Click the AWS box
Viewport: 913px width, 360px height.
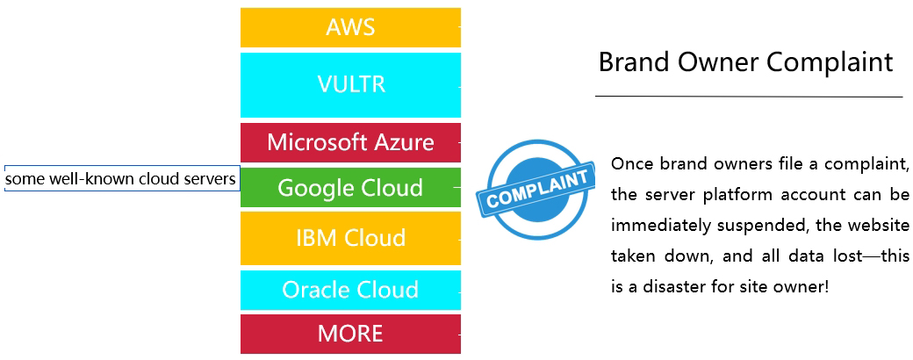point(350,27)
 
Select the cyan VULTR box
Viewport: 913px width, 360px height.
point(350,84)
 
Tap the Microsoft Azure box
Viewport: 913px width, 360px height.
point(350,142)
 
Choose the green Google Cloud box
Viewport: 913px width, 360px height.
point(350,187)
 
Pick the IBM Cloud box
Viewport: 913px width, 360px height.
point(350,238)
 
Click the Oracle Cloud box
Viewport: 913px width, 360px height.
point(350,290)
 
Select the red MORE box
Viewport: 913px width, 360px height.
point(350,334)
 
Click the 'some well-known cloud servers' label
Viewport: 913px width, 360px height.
point(121,179)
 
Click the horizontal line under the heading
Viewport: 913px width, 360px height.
point(748,95)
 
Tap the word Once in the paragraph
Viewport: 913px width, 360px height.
point(631,164)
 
